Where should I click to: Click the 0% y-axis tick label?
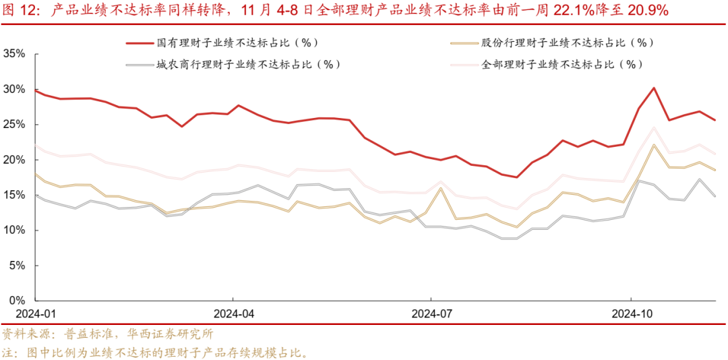coord(16,300)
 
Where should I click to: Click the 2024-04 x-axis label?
coord(233,313)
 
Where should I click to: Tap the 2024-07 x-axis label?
coord(432,313)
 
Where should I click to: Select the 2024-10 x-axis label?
coord(631,313)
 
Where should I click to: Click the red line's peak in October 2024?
coord(654,88)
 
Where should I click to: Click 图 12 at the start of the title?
coord(21,10)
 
